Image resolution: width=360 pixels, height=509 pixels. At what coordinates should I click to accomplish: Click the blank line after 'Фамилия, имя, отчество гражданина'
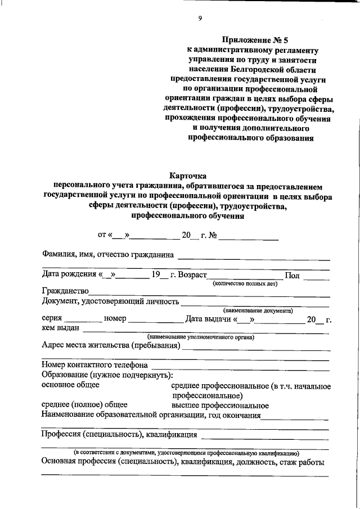[253, 258]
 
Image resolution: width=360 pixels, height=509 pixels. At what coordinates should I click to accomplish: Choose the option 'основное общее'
[70, 385]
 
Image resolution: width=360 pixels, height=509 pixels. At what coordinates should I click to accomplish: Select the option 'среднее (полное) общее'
[84, 405]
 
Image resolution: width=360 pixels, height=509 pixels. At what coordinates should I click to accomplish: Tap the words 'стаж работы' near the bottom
[301, 462]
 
